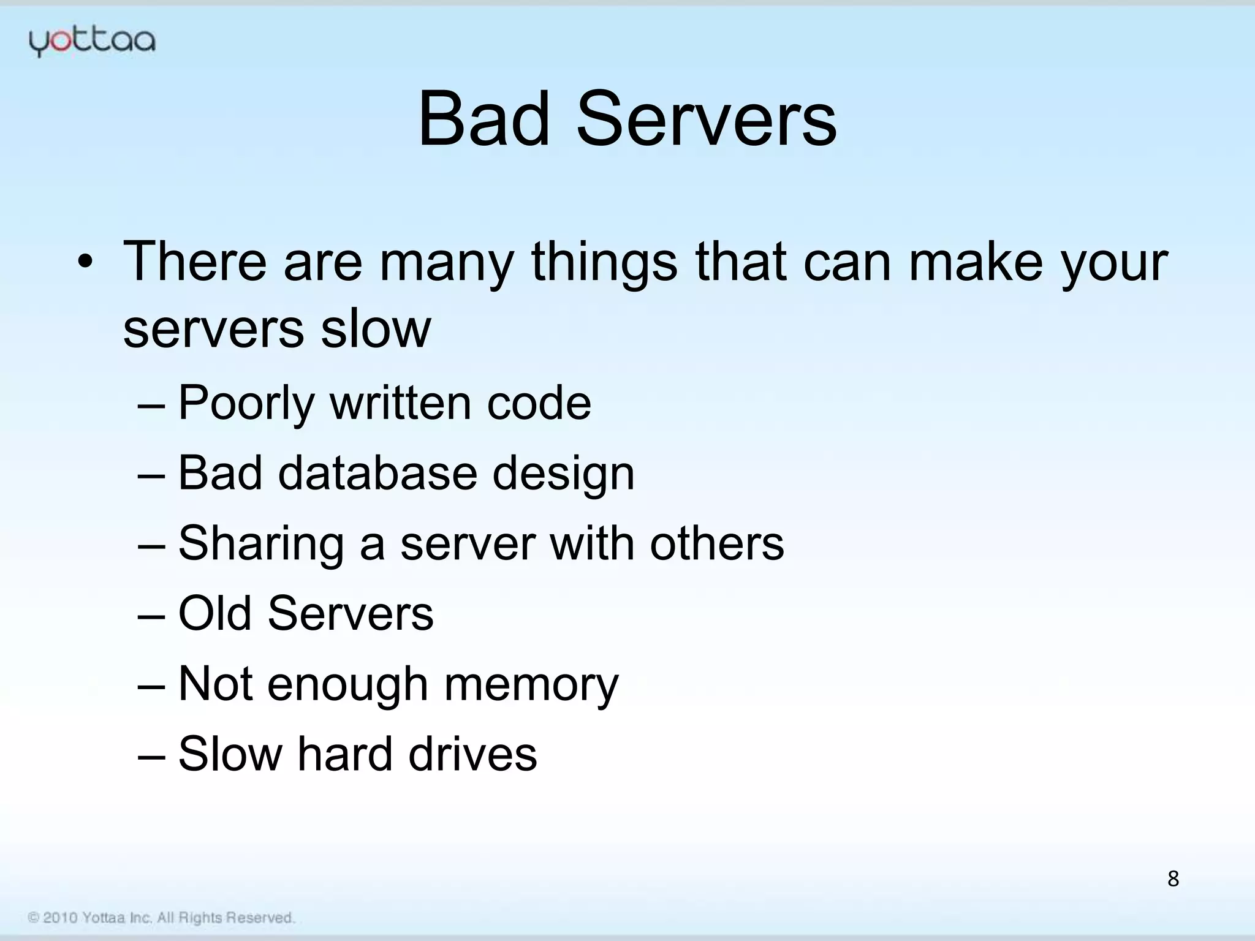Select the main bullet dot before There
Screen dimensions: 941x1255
coord(85,263)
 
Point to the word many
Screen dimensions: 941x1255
coord(446,263)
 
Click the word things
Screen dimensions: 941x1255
coord(604,263)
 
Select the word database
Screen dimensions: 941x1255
coord(377,473)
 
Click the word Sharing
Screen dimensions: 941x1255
coord(261,545)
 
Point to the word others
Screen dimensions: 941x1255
coord(716,543)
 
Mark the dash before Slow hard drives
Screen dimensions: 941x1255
coord(151,755)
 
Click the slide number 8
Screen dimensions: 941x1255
coord(1173,879)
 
